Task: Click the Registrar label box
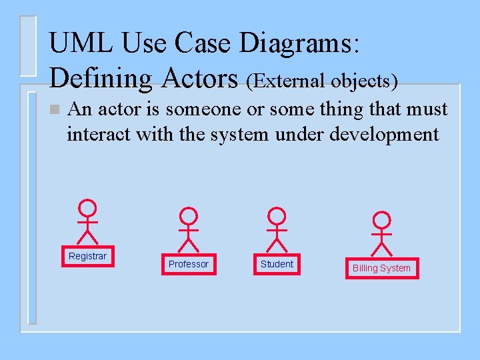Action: pos(87,257)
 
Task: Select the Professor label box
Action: pos(188,264)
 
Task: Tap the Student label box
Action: pos(277,264)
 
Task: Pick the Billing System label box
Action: pos(381,268)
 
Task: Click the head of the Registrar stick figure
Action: pos(87,208)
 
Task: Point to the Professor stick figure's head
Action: pos(189,216)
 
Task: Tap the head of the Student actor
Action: pos(277,216)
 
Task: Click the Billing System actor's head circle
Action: pos(381,221)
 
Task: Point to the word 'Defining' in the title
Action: pos(101,78)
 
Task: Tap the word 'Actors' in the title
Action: pos(199,78)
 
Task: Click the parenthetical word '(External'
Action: pos(285,81)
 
